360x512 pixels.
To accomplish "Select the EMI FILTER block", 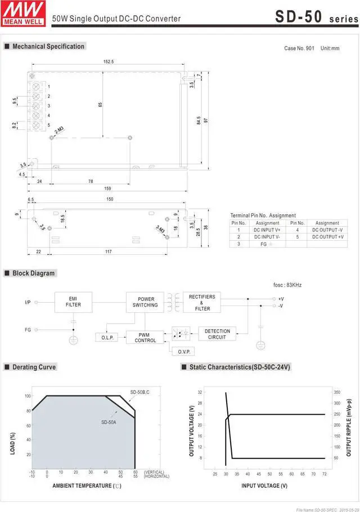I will click(73, 302).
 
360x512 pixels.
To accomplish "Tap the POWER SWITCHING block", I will click(145, 302).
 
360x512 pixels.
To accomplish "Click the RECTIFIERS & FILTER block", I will click(202, 302).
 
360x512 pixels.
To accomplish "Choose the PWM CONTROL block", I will click(145, 337).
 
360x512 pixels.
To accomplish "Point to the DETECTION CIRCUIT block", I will click(217, 334).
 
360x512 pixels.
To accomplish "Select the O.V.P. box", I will click(186, 351).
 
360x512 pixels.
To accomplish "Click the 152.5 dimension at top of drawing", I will click(109, 61).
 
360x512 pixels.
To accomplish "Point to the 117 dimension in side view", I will click(108, 251).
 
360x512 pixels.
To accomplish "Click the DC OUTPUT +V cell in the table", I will click(327, 237).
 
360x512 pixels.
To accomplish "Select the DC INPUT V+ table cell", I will click(268, 230).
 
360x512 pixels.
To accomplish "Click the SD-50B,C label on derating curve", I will click(140, 392).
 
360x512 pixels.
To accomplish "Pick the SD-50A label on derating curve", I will click(109, 421).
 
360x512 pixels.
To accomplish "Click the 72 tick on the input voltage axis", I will click(325, 474).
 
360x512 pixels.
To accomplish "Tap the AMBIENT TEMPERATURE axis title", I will click(87, 485).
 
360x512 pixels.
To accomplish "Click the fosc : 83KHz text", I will click(287, 285).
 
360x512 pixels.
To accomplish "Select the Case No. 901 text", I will click(299, 48).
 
